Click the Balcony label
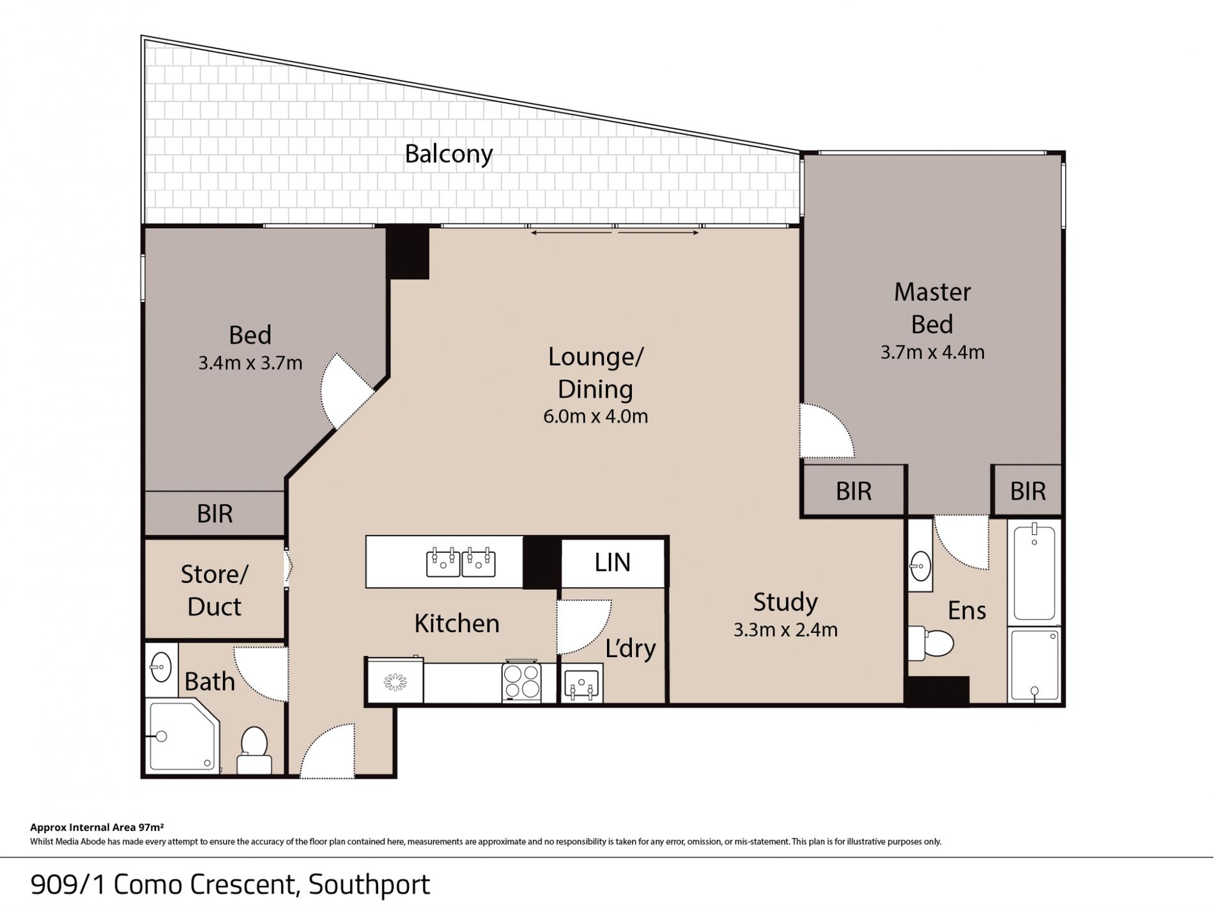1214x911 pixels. click(449, 154)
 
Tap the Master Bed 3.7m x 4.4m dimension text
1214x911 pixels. click(932, 352)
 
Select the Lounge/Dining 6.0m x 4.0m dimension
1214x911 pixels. click(595, 416)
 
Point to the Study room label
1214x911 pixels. click(785, 602)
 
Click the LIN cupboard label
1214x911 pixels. click(612, 563)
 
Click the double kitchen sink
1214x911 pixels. click(461, 562)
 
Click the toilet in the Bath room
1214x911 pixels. click(254, 750)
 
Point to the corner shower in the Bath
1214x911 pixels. click(183, 736)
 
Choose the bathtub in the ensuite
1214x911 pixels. click(1034, 572)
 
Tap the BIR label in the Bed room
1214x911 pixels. click(215, 514)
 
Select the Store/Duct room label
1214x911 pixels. click(214, 590)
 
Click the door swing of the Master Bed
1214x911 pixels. click(827, 430)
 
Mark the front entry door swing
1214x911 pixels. click(327, 751)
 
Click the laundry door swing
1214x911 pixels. click(584, 627)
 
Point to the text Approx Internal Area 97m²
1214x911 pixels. click(98, 827)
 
